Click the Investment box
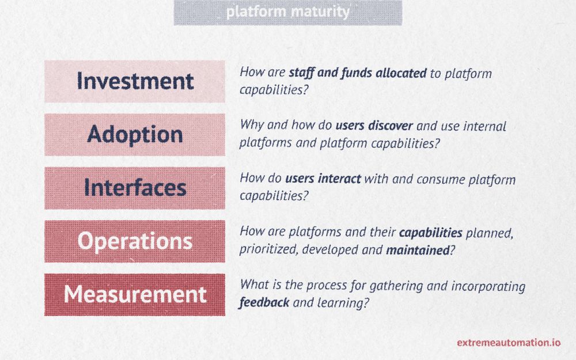pyautogui.click(x=134, y=81)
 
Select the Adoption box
pyautogui.click(x=134, y=134)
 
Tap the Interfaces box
pyautogui.click(x=134, y=188)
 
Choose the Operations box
pyautogui.click(x=134, y=241)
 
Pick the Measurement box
pyautogui.click(x=134, y=294)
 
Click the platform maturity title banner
pyautogui.click(x=287, y=13)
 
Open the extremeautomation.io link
pyautogui.click(x=509, y=343)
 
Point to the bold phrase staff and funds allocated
pyautogui.click(x=358, y=73)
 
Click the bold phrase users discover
pyautogui.click(x=374, y=126)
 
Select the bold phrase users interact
pyautogui.click(x=323, y=179)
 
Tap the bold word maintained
pyautogui.click(x=418, y=250)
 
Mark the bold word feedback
pyautogui.click(x=264, y=303)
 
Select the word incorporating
pyautogui.click(x=488, y=286)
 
